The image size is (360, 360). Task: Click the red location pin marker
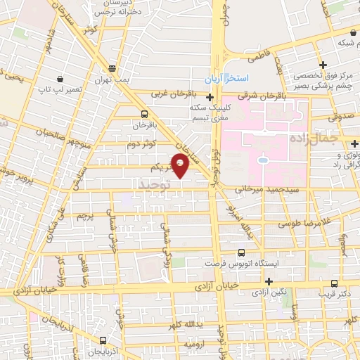181,166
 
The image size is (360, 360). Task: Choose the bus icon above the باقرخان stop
144,114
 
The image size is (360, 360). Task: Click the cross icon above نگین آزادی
268,281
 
